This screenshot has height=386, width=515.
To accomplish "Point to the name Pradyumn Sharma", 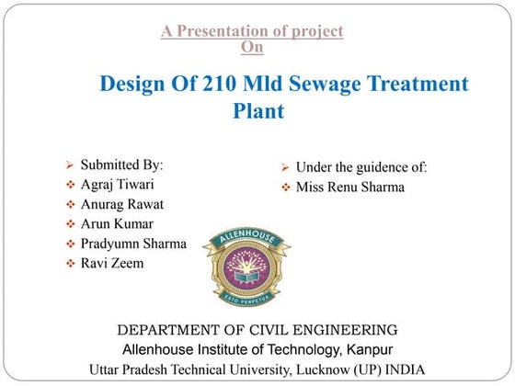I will coord(133,244).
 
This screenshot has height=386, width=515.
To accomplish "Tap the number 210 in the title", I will coord(216,85).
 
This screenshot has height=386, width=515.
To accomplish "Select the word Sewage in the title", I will coord(326,85).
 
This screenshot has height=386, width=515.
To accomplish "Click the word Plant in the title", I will coord(258,112).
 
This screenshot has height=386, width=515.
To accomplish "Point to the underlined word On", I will coord(250,45).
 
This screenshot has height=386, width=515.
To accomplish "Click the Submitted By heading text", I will coord(121,165).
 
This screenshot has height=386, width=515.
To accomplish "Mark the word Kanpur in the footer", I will coord(369,349).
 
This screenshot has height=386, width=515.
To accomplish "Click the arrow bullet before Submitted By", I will coord(69,166).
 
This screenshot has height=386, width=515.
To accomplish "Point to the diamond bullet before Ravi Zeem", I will coord(70,264).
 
